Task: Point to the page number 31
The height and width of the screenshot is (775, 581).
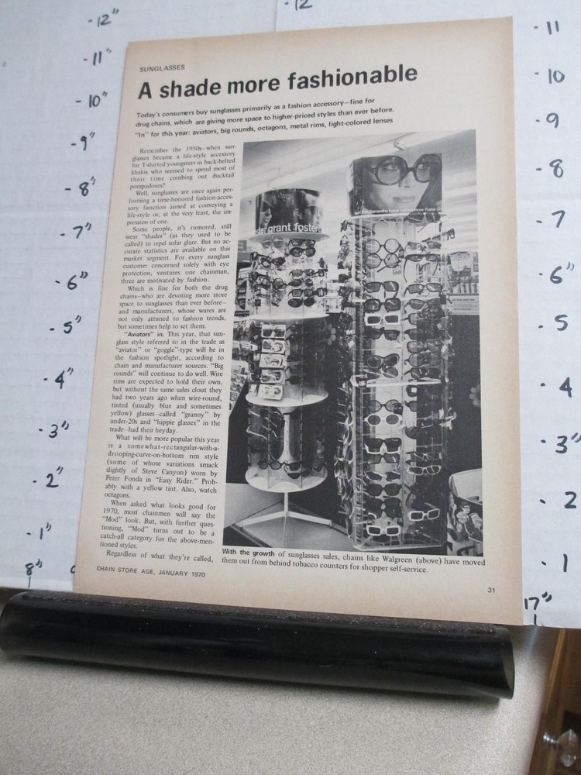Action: [491, 591]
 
